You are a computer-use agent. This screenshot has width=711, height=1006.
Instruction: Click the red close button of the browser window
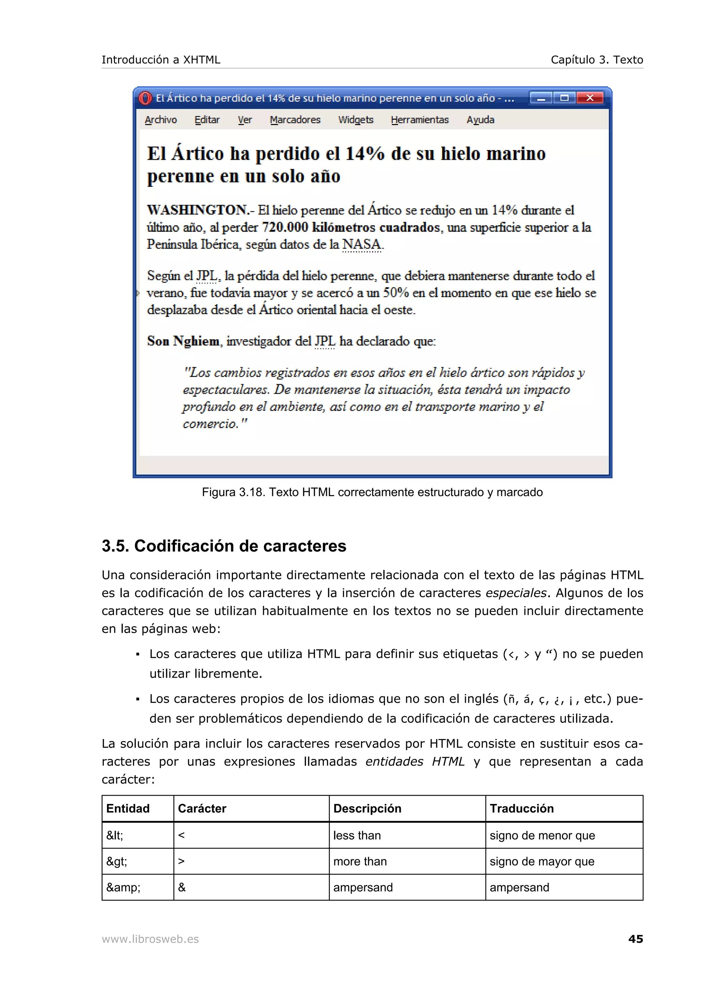(589, 98)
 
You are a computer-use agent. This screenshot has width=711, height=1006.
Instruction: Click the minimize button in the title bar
(541, 98)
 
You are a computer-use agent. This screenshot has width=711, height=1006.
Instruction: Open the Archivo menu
(160, 120)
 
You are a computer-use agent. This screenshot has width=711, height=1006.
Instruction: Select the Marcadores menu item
(295, 120)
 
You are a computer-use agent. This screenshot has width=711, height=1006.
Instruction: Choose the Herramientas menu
(419, 120)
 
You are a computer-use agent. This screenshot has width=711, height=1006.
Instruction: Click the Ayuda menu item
(480, 120)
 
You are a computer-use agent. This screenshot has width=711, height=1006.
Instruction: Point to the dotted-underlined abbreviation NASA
(361, 244)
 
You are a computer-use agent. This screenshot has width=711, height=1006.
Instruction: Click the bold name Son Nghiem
(183, 341)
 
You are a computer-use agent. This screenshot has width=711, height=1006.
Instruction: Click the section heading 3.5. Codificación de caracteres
(224, 546)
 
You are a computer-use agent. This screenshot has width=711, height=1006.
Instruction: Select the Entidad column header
(128, 808)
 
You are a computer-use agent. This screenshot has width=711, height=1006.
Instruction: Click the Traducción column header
(521, 808)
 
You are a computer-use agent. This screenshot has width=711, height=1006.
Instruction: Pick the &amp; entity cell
(123, 887)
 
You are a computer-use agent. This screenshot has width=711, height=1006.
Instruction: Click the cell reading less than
(357, 836)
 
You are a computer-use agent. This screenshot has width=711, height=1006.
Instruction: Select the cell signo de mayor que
(542, 861)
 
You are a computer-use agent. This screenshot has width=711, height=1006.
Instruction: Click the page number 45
(635, 939)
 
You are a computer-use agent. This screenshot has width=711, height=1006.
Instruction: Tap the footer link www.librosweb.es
(150, 939)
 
